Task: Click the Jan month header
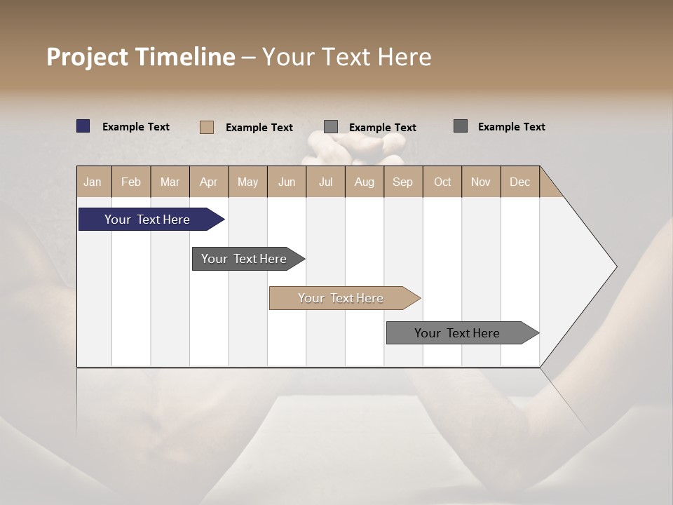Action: coord(93,182)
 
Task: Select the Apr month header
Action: coord(208,182)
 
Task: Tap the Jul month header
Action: coord(325,182)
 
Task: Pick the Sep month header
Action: coord(402,182)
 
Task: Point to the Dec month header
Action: coord(519,182)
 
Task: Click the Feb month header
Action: coord(131,182)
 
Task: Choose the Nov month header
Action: coord(480,182)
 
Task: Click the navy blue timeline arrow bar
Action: coord(147,220)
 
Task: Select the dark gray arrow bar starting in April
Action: coord(244,259)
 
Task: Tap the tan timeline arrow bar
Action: coord(341,298)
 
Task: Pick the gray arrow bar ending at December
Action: coord(457,333)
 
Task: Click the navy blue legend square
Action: coord(83,126)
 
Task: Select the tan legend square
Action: coord(206,127)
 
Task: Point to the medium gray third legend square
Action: coord(331,126)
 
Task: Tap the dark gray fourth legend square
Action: coord(461,126)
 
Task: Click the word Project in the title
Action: coord(87,57)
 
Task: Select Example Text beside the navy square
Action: coord(136,127)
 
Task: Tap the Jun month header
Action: coord(287,182)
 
